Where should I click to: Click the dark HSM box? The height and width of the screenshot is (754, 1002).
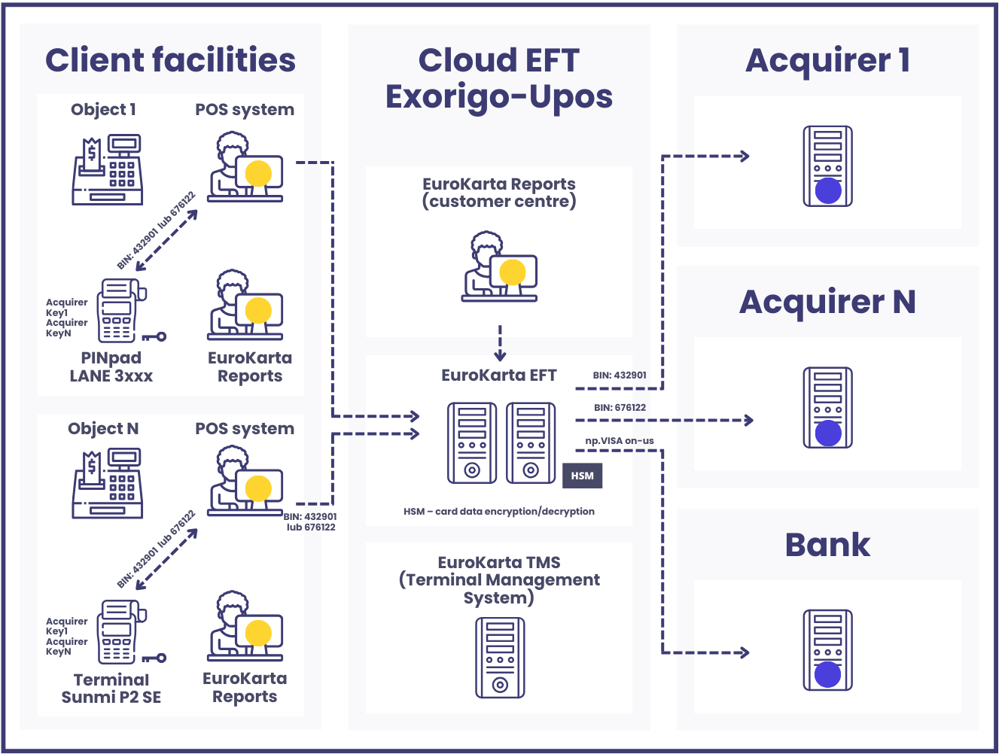(582, 476)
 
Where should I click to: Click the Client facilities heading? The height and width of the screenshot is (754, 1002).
(170, 60)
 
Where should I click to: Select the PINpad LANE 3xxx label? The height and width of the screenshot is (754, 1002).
(111, 367)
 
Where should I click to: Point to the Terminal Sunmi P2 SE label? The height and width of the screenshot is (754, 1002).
(111, 689)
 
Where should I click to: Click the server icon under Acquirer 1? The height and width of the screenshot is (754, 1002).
(827, 166)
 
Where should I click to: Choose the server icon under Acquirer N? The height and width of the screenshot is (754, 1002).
(827, 408)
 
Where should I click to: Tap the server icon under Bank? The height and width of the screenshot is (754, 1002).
(827, 650)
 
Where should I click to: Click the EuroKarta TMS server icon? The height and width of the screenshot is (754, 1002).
(500, 658)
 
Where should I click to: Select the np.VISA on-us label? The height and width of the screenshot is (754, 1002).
(619, 441)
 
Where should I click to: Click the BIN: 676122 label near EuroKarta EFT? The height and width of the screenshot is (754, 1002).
(620, 408)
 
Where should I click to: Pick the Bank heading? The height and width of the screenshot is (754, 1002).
(827, 545)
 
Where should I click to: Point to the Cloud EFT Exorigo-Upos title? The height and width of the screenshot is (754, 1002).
(499, 78)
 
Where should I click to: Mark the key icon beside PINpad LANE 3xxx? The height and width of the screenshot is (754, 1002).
(155, 336)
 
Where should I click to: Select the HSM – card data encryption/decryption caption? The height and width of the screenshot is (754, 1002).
(499, 512)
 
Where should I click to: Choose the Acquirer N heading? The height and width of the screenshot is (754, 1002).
(827, 303)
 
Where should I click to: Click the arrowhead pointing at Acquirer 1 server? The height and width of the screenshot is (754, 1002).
(745, 157)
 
